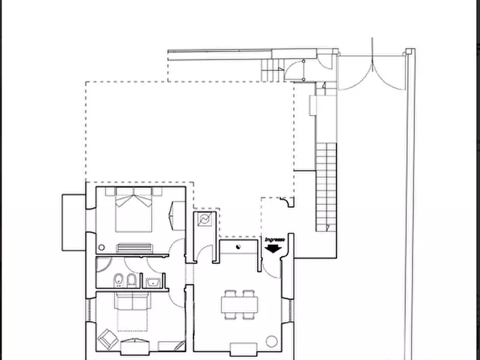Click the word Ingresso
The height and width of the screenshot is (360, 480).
(274, 240)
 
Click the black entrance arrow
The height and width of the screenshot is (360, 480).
(274, 248)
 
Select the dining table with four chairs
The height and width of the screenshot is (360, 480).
(239, 305)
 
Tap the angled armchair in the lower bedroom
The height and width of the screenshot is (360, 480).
(106, 339)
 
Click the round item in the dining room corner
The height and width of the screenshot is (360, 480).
(272, 341)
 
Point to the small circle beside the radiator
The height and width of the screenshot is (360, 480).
(101, 248)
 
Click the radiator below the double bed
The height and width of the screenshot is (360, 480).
(134, 248)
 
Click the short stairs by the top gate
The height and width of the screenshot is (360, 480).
(272, 68)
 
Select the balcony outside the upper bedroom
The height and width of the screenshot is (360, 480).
(74, 222)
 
